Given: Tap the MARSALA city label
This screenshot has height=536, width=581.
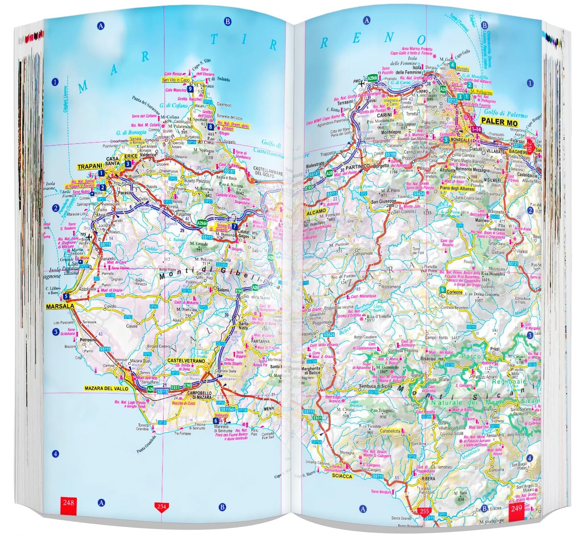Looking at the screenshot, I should tap(59, 306).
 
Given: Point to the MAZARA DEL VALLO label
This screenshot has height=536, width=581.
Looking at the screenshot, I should tap(106, 389).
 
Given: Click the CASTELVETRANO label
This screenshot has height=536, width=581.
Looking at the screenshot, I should tap(186, 360).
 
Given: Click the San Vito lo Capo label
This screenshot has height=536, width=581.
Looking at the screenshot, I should tap(176, 80).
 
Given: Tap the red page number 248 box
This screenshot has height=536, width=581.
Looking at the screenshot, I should tap(68, 503).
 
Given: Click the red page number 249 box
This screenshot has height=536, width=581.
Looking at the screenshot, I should tap(516, 510).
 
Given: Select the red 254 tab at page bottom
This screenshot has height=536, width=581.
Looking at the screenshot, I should tap(161, 507).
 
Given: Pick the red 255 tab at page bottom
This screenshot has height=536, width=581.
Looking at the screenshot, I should tap(423, 512).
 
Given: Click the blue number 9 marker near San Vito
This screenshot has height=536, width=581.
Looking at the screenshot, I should tap(190, 89).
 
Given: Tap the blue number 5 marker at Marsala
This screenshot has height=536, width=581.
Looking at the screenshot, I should tap(66, 296).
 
